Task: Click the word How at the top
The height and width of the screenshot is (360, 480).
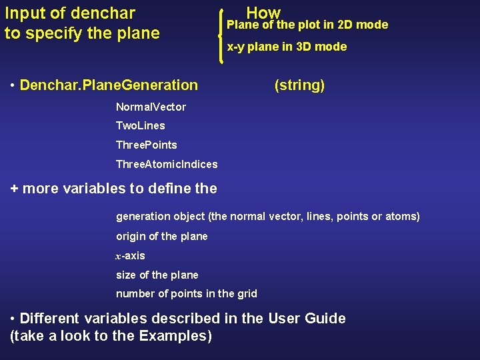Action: pos(263,12)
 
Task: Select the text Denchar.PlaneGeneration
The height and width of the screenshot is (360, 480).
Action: pos(109,85)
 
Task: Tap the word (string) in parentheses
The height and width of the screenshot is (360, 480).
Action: pos(299,85)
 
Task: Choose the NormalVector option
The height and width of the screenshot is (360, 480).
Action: pos(151,107)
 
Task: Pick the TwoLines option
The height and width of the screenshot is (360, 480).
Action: pos(140,125)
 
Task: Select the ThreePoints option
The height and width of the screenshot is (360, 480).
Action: pos(147,145)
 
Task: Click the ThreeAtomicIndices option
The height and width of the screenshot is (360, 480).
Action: pos(167,164)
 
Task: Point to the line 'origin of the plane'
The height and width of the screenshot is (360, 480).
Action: pos(162,236)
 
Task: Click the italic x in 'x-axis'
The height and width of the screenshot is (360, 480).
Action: pos(119,256)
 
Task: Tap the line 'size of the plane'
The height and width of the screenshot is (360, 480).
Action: pos(157,275)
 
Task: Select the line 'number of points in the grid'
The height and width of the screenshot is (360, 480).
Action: pos(187,293)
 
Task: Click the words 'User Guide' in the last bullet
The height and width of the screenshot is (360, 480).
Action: pos(307,318)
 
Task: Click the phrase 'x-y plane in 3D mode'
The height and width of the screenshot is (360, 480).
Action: pos(287,47)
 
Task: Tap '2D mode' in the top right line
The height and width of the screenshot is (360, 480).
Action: pos(363,25)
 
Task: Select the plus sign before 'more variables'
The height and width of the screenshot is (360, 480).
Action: pos(15,189)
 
